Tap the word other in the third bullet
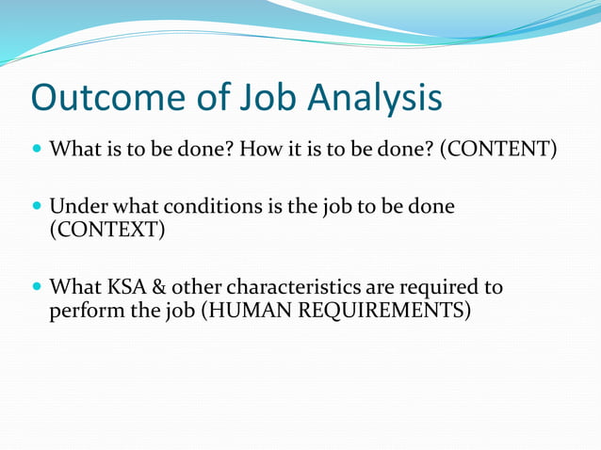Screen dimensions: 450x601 (193, 286)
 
